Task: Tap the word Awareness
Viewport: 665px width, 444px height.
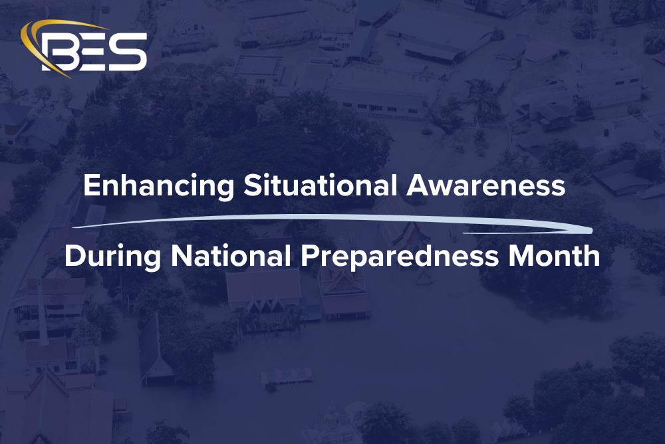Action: pos(486,187)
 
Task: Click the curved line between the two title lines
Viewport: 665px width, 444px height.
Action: pos(332,219)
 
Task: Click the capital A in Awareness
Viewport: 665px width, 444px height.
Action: pos(419,187)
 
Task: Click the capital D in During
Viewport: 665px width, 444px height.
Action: pos(74,256)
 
